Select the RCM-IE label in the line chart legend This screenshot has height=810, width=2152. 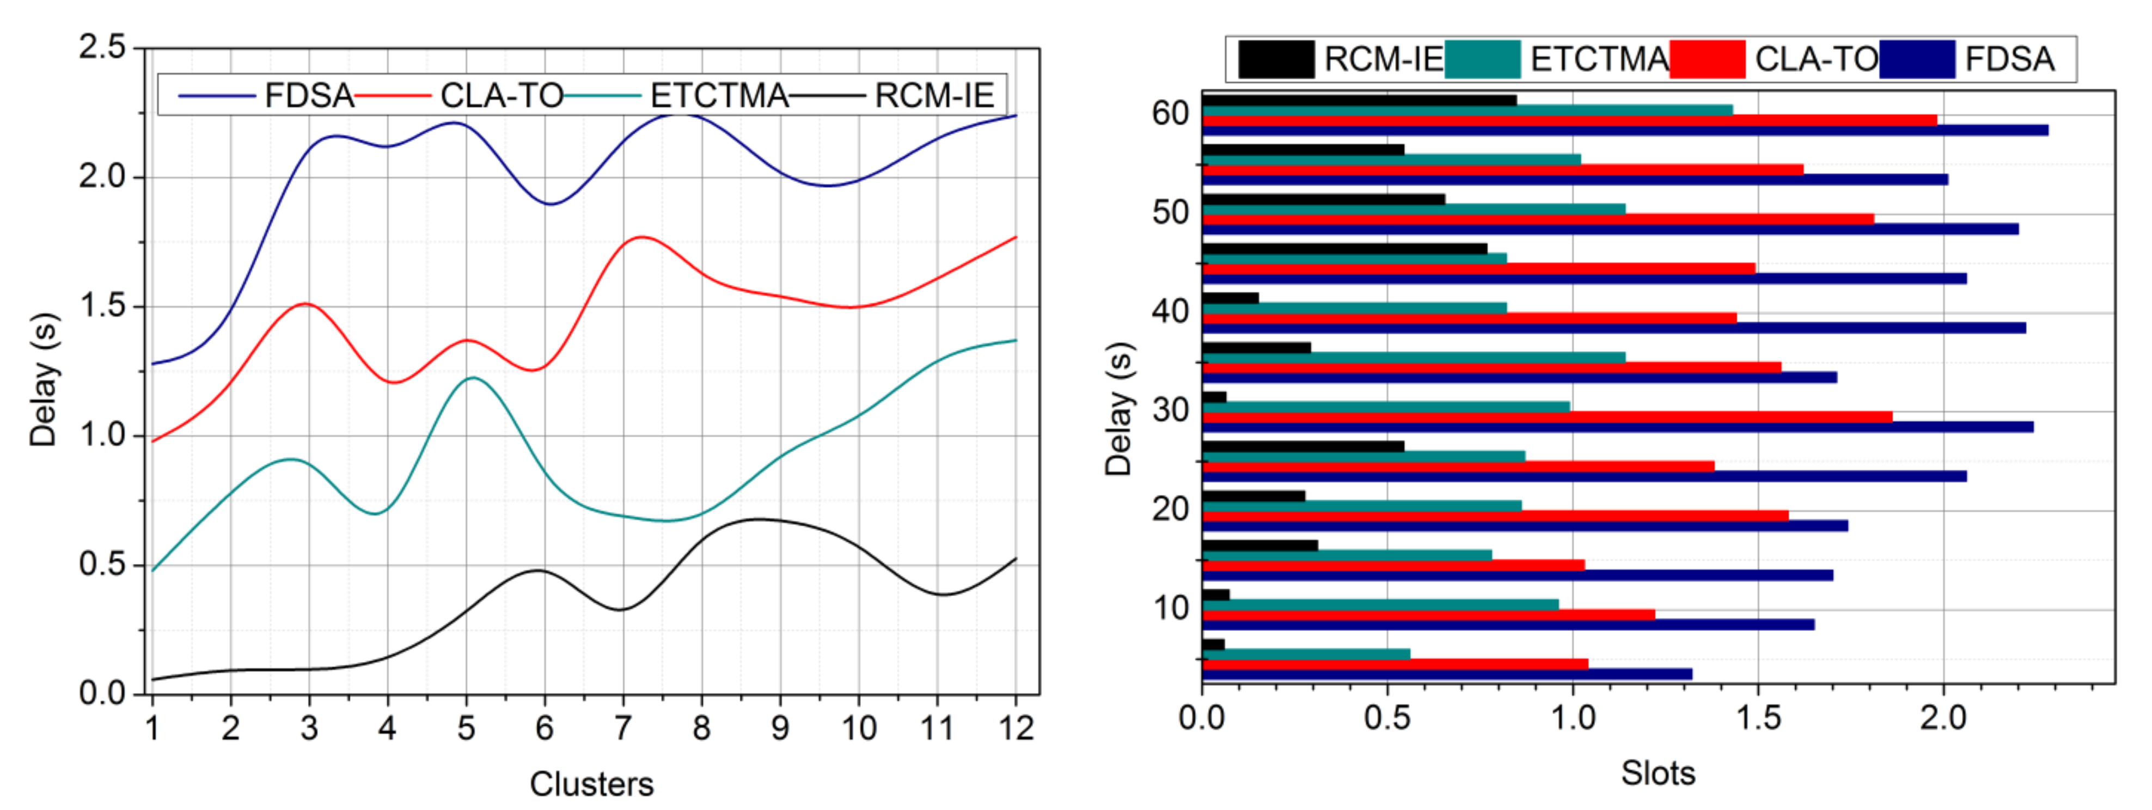click(934, 96)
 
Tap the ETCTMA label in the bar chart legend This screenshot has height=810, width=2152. click(1599, 59)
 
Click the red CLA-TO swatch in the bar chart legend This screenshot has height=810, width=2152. click(1707, 59)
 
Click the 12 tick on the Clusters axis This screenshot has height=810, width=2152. click(1016, 729)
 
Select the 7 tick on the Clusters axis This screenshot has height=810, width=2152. click(622, 729)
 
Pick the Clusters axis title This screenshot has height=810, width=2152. click(591, 784)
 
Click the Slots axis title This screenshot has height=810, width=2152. click(1658, 774)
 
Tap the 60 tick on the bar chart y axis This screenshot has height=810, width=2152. click(1170, 113)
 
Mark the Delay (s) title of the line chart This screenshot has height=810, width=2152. click(44, 380)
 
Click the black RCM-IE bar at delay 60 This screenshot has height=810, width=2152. click(1359, 100)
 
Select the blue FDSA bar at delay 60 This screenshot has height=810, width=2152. click(1625, 130)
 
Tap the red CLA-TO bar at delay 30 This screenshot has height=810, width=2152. click(1545, 416)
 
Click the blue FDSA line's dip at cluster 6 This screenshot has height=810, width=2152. click(549, 204)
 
